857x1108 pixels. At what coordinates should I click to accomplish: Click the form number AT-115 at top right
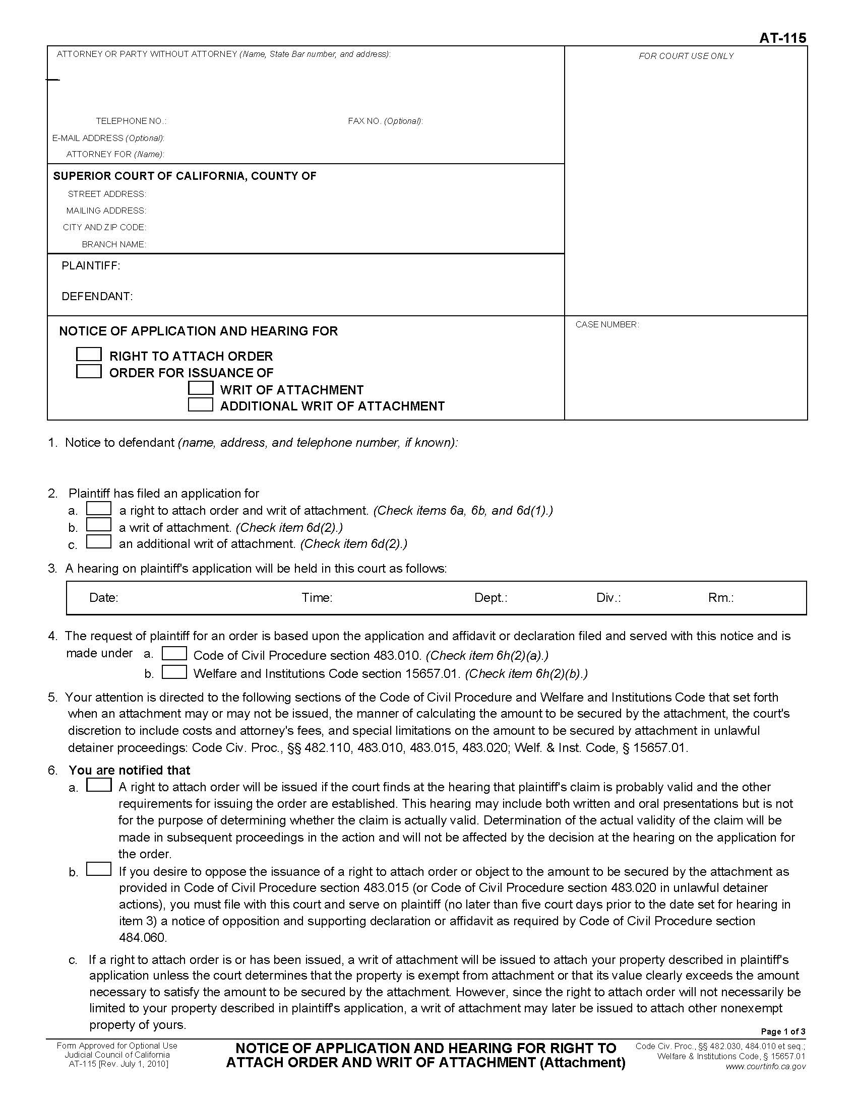(782, 38)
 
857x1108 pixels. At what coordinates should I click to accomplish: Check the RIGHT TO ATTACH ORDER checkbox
(88, 354)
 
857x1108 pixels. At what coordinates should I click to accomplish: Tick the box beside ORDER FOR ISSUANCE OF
(88, 371)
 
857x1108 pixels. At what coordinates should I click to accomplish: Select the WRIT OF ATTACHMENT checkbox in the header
(201, 388)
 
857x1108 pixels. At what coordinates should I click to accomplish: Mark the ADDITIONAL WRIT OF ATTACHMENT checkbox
(201, 405)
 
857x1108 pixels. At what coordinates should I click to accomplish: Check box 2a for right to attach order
(98, 508)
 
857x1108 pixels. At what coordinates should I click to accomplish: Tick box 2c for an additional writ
(98, 542)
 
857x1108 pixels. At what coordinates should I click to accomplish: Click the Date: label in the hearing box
(103, 598)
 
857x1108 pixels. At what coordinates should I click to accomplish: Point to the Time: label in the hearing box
(317, 598)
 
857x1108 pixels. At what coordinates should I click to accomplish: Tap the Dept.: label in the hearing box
(491, 598)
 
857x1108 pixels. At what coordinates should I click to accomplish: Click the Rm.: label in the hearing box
(720, 598)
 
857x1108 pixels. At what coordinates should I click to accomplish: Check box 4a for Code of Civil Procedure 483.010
(174, 653)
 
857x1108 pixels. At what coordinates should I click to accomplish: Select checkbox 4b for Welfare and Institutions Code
(174, 672)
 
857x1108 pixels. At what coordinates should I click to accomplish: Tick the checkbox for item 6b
(98, 869)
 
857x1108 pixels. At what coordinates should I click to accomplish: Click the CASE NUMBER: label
(606, 325)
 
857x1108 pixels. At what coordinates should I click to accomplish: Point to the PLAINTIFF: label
(91, 266)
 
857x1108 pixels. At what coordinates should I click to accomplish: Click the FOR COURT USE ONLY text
(686, 56)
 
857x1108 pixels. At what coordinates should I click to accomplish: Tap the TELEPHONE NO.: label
(131, 121)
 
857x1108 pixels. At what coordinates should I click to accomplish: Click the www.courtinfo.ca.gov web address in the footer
(765, 1066)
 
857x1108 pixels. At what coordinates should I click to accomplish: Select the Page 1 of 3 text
(783, 1031)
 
